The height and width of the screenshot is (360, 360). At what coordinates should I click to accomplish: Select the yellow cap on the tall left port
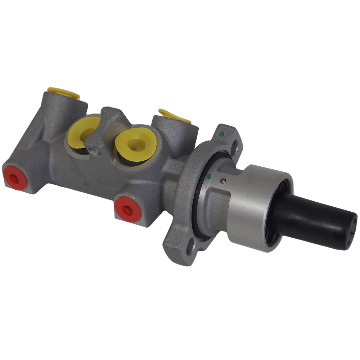(63, 92)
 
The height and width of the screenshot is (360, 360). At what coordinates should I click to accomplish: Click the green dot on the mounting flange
(222, 134)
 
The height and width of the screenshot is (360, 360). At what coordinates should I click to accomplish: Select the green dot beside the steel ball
(208, 177)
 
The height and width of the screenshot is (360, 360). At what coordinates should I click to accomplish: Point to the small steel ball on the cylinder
(223, 181)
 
